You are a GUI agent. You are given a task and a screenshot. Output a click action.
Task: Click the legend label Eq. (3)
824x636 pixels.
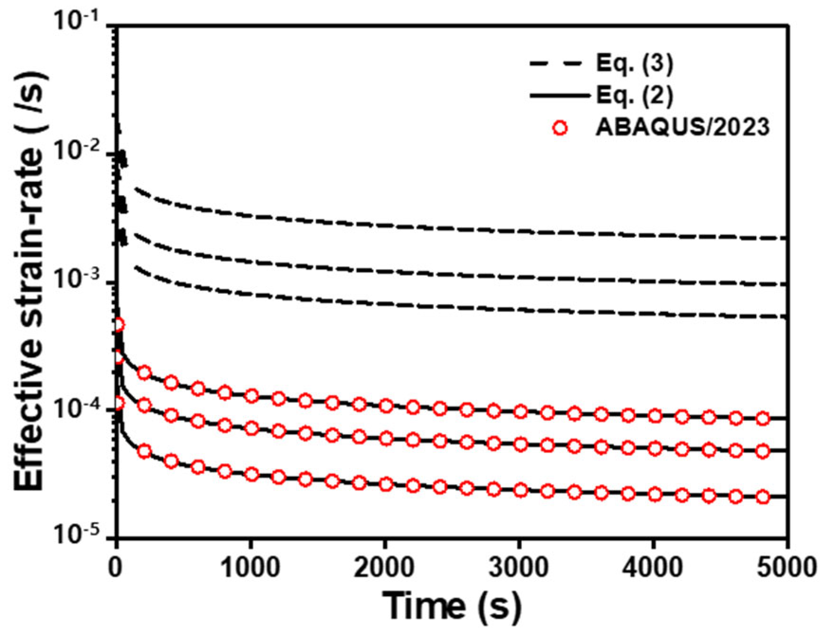tap(634, 65)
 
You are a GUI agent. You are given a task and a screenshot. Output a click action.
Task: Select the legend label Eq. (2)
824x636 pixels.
tap(634, 96)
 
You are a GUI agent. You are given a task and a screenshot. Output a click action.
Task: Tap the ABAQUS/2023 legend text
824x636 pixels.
tap(682, 128)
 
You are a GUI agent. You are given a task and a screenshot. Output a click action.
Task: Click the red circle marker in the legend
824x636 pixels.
tap(560, 128)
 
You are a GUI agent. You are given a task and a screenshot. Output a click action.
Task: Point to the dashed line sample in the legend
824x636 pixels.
tap(556, 64)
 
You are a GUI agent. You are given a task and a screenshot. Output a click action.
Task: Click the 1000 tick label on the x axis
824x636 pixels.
tap(250, 568)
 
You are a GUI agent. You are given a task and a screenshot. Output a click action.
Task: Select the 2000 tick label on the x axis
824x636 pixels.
tap(385, 568)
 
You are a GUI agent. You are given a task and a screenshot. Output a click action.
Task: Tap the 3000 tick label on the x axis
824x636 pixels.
tap(520, 568)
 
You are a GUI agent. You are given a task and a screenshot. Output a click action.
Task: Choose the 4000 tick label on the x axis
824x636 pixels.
tap(654, 568)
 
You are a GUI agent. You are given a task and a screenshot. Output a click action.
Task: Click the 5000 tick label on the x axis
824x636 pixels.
tap(787, 568)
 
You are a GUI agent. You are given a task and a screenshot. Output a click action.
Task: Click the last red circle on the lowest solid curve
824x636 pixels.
tap(763, 497)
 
